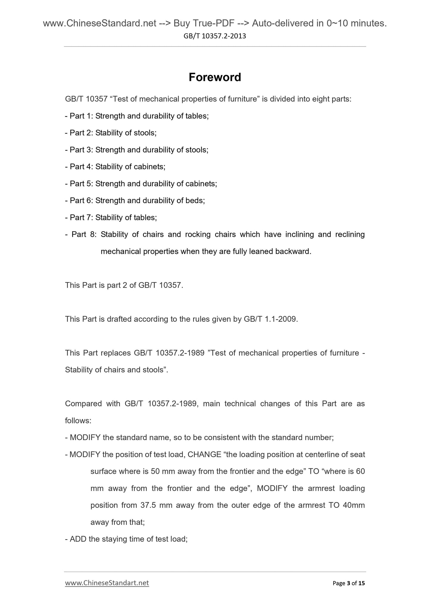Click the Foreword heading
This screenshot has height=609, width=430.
click(215, 77)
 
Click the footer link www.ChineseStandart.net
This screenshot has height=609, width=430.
click(107, 583)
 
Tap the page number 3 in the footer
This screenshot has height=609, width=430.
click(348, 583)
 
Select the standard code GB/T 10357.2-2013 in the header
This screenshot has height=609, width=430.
click(215, 36)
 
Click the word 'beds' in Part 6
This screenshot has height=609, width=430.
click(195, 201)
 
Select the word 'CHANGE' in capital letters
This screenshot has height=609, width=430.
click(204, 455)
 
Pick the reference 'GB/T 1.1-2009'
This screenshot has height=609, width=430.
click(270, 319)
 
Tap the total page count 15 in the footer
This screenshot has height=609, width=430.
click(361, 583)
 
